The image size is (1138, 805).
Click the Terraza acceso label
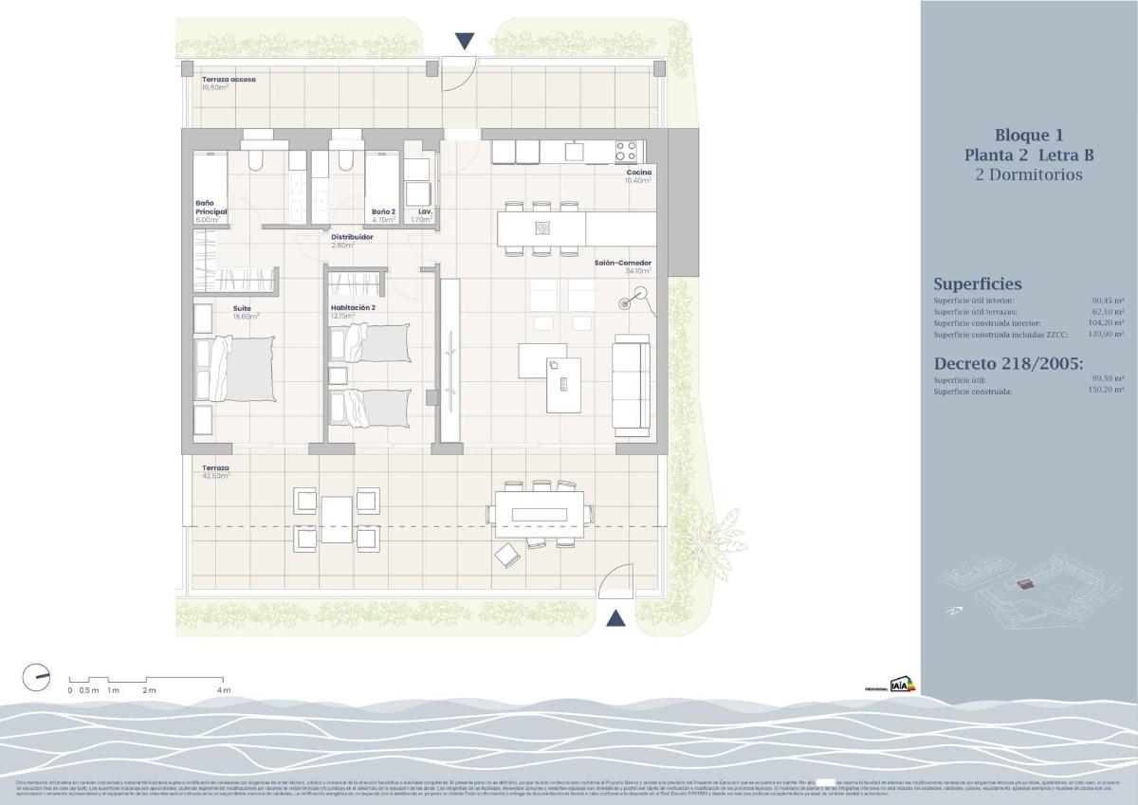click(229, 80)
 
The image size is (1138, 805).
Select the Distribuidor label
click(351, 237)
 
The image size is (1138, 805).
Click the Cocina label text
click(638, 172)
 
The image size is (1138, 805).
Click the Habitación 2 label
click(353, 308)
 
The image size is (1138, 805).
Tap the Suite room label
click(242, 308)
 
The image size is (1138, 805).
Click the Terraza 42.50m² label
click(215, 468)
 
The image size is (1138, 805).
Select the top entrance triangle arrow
click(464, 41)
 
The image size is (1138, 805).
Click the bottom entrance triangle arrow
click(615, 619)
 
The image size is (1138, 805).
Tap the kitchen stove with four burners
click(626, 150)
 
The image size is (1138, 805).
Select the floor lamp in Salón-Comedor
click(626, 304)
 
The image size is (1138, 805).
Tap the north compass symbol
click(36, 677)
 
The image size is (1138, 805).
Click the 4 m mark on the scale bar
click(224, 689)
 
